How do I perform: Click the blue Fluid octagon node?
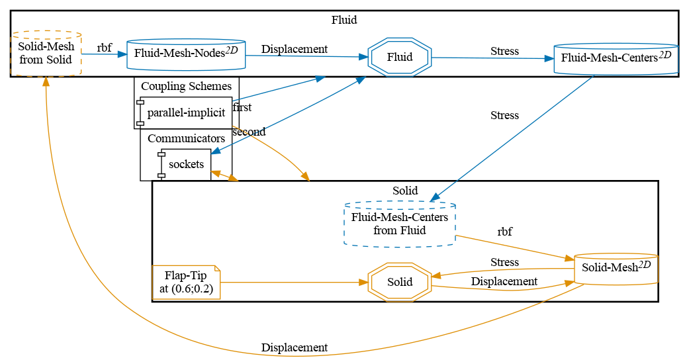400,57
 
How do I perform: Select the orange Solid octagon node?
400,282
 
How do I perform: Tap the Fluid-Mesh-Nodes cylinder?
186,54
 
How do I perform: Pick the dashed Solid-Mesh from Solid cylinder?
46,54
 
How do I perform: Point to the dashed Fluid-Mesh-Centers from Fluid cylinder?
400,224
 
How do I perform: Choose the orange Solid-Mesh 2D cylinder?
616,268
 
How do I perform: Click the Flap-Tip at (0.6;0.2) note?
186,283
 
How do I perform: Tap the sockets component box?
186,164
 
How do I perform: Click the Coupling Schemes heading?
186,86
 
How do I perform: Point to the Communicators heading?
186,138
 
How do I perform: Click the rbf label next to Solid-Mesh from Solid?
104,48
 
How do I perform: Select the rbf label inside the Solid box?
504,232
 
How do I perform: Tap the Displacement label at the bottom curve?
294,347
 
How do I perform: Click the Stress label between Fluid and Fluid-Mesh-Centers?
504,51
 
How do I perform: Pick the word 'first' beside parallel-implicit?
242,107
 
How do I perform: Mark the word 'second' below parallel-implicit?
248,132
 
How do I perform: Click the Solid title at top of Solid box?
405,191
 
